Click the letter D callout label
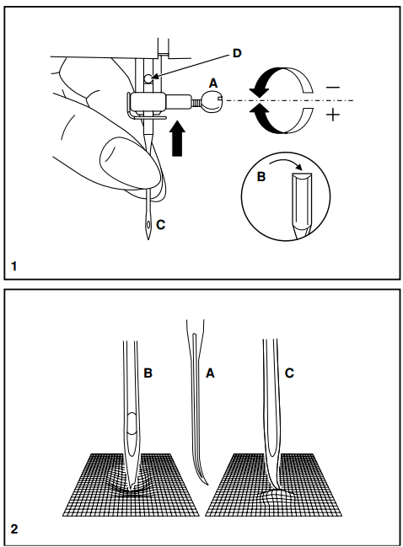237,53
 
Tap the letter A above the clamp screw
213,83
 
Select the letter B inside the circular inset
261,177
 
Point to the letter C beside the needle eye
160,225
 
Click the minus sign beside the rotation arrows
333,88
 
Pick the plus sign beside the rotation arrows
333,115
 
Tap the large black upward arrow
177,138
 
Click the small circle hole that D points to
148,79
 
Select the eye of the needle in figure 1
149,224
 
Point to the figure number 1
14,266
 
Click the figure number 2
14,529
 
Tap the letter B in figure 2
148,373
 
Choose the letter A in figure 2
210,373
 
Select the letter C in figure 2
289,373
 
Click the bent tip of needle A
207,484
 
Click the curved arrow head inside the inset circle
298,167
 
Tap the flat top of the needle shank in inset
302,175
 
